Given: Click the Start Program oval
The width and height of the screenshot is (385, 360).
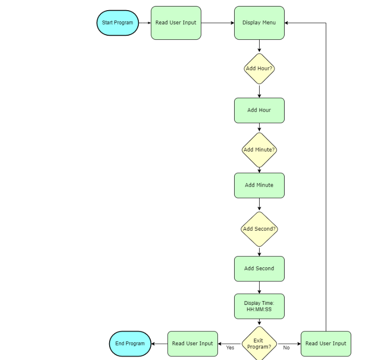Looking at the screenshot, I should [118, 23].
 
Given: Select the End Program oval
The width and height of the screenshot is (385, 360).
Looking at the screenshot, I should [130, 344].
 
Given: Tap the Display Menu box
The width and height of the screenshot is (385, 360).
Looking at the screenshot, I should [259, 23].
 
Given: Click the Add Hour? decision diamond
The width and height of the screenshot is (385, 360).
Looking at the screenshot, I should [259, 69].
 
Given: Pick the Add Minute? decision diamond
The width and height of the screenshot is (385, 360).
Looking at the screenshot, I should [259, 150].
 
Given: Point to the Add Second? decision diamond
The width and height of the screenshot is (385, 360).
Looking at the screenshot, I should [259, 229].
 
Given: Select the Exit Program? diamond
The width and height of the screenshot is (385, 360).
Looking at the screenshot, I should [259, 344].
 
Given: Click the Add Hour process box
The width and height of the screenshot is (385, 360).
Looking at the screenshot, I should [259, 110].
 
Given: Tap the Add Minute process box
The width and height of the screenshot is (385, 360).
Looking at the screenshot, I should [259, 185].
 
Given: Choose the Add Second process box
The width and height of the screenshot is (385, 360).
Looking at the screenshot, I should [259, 269].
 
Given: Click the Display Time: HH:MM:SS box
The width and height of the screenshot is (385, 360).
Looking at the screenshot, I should [259, 306].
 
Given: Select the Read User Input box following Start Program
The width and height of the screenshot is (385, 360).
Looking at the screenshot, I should [176, 23].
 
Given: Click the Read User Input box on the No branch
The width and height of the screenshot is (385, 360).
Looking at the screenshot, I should [326, 344].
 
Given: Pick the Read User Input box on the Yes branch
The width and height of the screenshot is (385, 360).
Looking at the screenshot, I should [192, 344].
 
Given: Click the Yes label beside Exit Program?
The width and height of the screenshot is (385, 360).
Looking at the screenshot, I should [230, 347].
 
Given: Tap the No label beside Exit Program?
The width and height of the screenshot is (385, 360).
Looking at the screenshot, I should [286, 347].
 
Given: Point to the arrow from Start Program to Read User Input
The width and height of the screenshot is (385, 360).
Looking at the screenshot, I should [145, 23].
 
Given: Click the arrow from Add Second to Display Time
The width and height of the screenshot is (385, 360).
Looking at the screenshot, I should [259, 288].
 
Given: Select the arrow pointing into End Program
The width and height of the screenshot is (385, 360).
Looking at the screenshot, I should [159, 344].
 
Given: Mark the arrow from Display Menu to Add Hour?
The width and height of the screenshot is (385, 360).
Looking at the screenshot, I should [259, 46].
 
